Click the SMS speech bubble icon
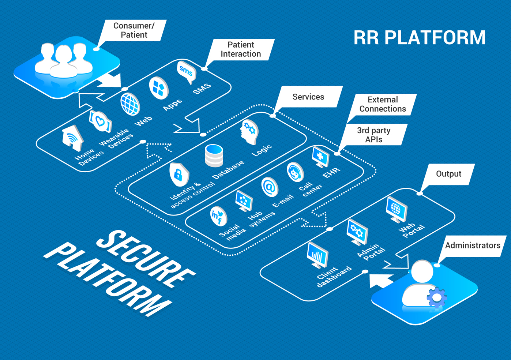(x=187, y=72)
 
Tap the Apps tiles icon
(x=159, y=88)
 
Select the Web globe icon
(x=130, y=104)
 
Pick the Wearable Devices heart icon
(x=100, y=121)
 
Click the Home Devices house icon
(x=72, y=138)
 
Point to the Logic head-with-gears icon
(x=249, y=131)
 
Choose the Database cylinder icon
(x=214, y=155)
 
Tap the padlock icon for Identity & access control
(x=179, y=174)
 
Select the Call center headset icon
(x=294, y=172)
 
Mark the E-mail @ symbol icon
(x=270, y=187)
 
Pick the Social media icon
(x=218, y=216)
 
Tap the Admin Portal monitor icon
(x=357, y=232)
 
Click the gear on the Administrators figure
(x=436, y=297)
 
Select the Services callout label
(x=308, y=97)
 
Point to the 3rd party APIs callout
(x=374, y=135)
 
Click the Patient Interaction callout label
(x=241, y=49)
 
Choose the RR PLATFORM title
(x=420, y=38)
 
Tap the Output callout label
(x=448, y=174)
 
